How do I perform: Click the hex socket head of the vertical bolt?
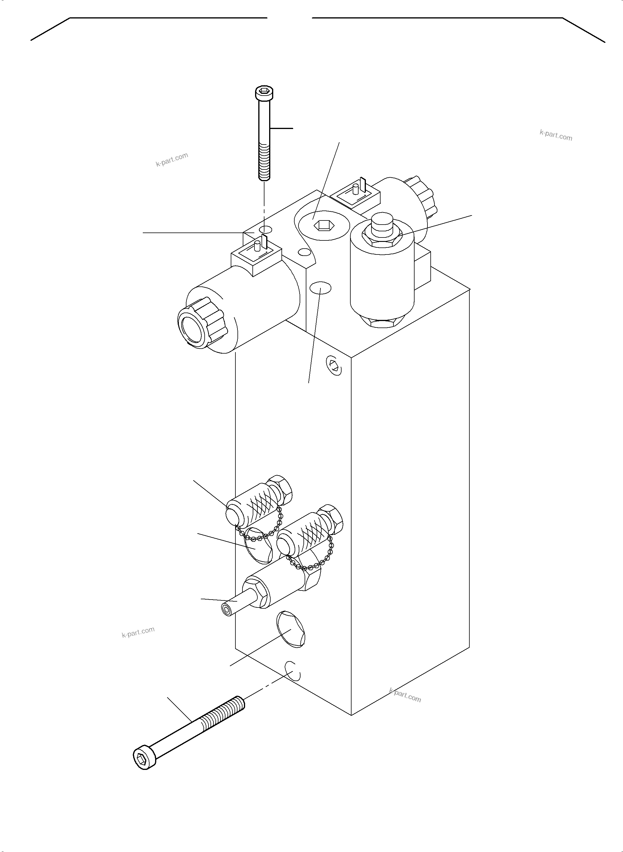pos(264,92)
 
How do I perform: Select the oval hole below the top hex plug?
pos(320,288)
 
